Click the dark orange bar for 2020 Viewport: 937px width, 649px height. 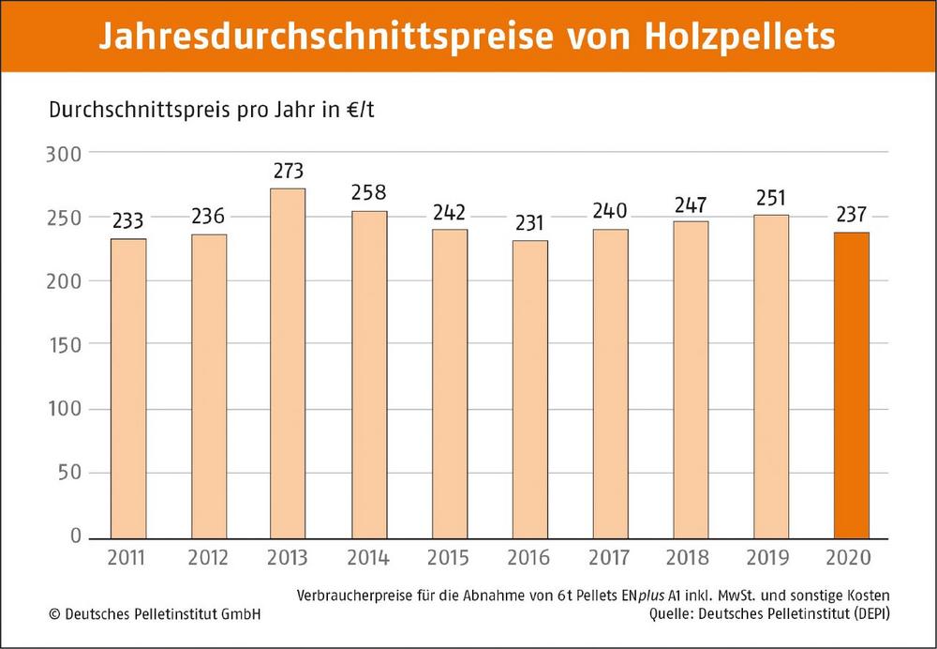click(851, 385)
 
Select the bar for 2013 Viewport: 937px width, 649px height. click(288, 363)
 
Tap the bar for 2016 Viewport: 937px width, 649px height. click(529, 388)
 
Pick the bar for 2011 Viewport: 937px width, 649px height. click(127, 387)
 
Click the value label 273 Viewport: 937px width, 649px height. click(288, 172)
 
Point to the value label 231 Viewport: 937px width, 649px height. click(529, 224)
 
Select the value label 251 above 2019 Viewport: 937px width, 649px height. click(770, 198)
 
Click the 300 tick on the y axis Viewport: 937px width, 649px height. click(65, 153)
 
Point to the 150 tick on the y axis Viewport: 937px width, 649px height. click(65, 345)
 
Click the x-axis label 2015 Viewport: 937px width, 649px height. click(449, 558)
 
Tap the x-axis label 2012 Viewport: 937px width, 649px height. click(208, 558)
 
